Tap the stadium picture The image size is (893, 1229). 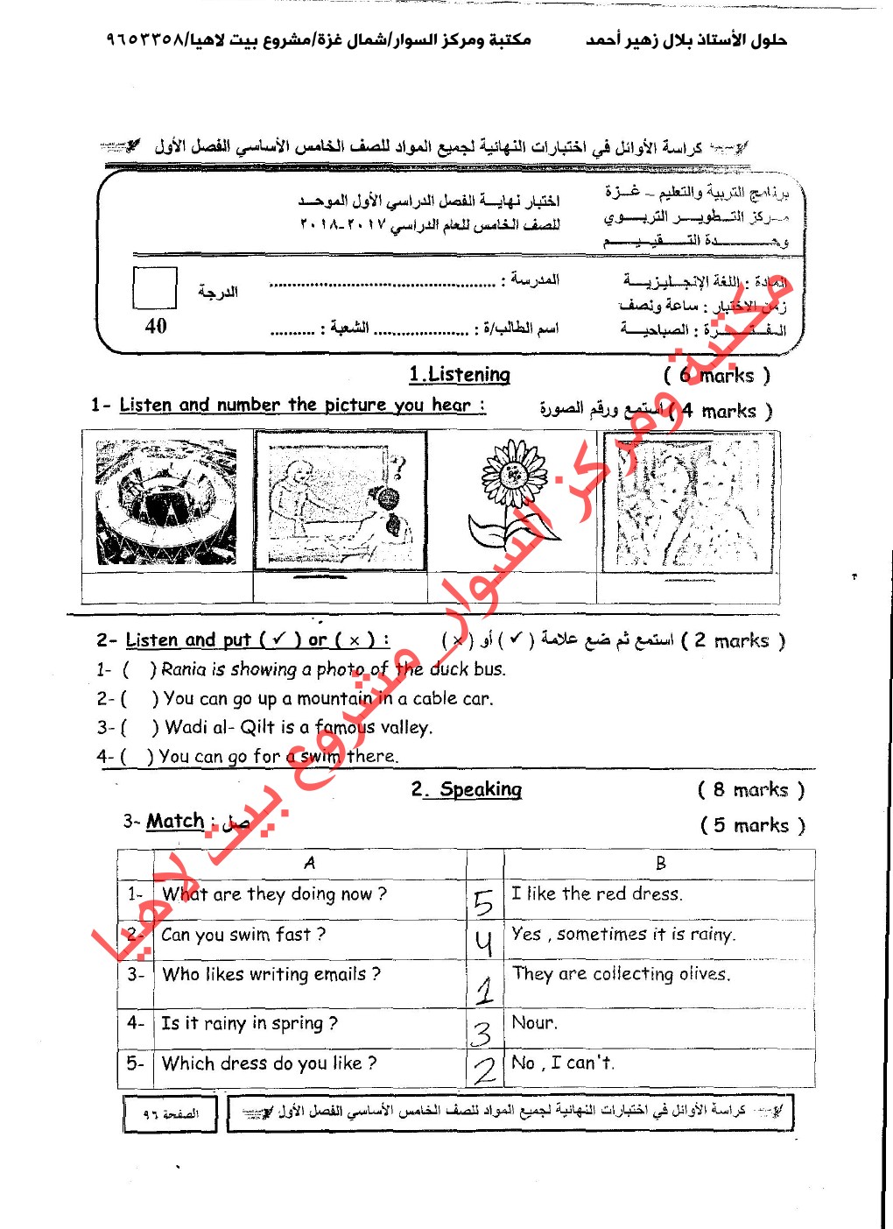point(166,502)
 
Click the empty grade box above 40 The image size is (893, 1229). point(155,287)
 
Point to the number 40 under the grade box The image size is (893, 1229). point(156,326)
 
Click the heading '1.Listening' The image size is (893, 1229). point(460,375)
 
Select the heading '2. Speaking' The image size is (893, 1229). point(468,789)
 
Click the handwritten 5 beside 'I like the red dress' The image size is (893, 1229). point(483,901)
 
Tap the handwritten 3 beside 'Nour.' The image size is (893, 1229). point(482,1034)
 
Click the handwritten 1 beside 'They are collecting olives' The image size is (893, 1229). point(485,990)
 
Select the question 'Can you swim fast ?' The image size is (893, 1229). point(243,935)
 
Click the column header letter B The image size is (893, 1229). point(661,863)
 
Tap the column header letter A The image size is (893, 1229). point(309,863)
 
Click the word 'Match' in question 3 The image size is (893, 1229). point(175,821)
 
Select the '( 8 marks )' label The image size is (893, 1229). point(750,790)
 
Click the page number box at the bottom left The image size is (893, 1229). point(172,1113)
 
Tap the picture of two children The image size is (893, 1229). point(688,502)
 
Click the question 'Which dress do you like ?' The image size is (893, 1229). point(270,1063)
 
